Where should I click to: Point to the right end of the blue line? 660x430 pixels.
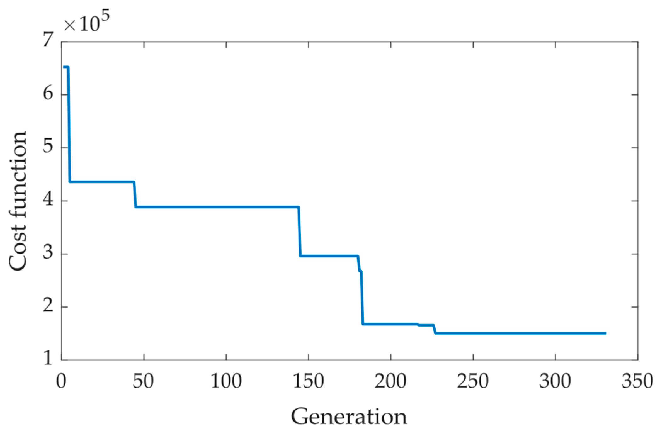pyautogui.click(x=606, y=333)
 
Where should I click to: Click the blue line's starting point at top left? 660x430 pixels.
pyautogui.click(x=64, y=67)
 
